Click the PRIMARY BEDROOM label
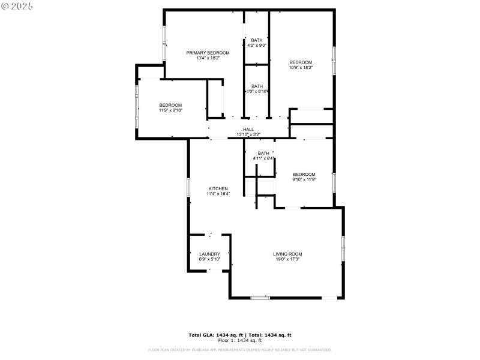(208, 53)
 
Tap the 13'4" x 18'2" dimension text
(208, 58)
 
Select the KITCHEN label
(217, 188)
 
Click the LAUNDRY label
(209, 254)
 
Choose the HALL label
(248, 130)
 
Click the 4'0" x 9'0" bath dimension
(257, 46)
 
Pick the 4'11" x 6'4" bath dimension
(263, 158)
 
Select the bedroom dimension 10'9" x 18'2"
(301, 68)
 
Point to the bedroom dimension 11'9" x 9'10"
(170, 110)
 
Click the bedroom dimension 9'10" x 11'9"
(304, 179)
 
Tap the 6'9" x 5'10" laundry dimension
(209, 259)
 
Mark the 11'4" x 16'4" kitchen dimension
(217, 194)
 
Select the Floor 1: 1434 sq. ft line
(240, 340)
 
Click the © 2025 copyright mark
(17, 6)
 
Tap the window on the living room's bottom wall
(260, 298)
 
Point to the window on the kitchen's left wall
(188, 188)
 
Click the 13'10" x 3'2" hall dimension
(248, 134)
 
